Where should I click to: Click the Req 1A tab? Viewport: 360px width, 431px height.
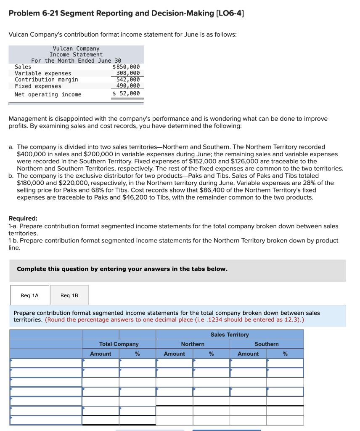pyautogui.click(x=29, y=295)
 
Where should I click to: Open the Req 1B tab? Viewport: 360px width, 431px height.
pyautogui.click(x=69, y=295)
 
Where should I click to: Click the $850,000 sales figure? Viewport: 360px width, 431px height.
pyautogui.click(x=126, y=67)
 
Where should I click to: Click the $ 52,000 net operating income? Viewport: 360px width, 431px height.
pyautogui.click(x=126, y=93)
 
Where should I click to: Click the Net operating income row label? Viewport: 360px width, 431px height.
pyautogui.click(x=48, y=94)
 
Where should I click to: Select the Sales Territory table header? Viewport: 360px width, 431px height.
pyautogui.click(x=230, y=335)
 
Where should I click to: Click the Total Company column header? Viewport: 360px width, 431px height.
pyautogui.click(x=119, y=344)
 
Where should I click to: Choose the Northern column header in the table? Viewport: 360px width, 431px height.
pyautogui.click(x=193, y=344)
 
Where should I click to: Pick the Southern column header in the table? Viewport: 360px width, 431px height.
pyautogui.click(x=267, y=344)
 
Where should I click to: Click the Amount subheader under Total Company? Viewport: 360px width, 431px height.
pyautogui.click(x=101, y=354)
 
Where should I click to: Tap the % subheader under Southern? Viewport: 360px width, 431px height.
pyautogui.click(x=285, y=354)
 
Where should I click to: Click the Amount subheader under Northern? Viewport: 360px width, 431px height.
pyautogui.click(x=174, y=354)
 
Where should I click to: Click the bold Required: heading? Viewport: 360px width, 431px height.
pyautogui.click(x=23, y=218)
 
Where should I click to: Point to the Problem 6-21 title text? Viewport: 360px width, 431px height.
pyautogui.click(x=126, y=13)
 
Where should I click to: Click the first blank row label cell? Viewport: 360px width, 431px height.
pyautogui.click(x=46, y=363)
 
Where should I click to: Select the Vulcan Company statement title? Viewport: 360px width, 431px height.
pyautogui.click(x=76, y=49)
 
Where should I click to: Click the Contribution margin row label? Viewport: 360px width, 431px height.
pyautogui.click(x=46, y=80)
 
